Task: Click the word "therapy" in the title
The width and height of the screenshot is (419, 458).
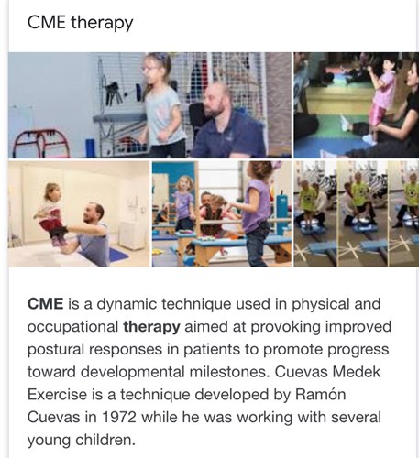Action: coord(102,23)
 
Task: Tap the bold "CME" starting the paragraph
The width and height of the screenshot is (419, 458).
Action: coord(46,304)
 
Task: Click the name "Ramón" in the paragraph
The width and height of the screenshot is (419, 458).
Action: coord(321,395)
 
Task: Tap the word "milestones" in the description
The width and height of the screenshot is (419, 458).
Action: coord(229,372)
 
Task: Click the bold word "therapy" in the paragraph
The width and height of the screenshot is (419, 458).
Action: coord(151,327)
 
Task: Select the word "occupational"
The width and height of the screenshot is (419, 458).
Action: coord(72,327)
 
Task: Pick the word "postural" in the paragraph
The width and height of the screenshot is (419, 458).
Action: coord(56,350)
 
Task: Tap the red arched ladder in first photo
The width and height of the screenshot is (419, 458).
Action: coord(41,144)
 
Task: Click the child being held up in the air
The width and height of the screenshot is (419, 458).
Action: coord(52,213)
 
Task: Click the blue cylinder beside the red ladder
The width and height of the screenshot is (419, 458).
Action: coord(91,148)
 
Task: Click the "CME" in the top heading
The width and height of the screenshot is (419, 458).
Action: coord(47,23)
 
